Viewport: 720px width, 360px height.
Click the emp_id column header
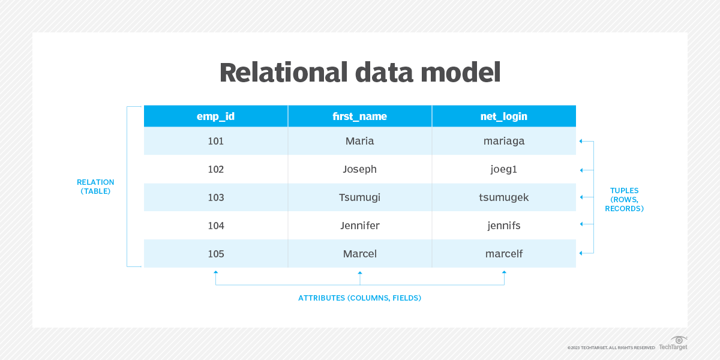click(x=216, y=116)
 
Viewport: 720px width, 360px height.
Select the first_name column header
click(x=359, y=116)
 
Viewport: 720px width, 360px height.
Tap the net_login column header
click(x=504, y=116)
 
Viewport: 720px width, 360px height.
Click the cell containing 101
click(x=216, y=141)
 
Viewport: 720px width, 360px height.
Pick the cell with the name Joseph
click(x=359, y=169)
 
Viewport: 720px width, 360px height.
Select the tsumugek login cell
click(x=504, y=197)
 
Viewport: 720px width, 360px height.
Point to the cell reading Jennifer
click(x=359, y=226)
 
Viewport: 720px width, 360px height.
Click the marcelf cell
click(x=504, y=254)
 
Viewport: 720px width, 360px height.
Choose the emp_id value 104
click(x=216, y=226)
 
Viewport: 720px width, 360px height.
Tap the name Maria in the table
click(x=359, y=141)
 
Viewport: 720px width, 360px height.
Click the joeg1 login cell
click(x=504, y=169)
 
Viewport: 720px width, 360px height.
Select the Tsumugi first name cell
click(x=359, y=197)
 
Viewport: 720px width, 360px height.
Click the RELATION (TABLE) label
click(x=95, y=187)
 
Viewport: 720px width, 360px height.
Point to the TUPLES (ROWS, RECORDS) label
click(x=624, y=199)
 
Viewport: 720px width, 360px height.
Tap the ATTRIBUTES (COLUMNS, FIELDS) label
click(x=359, y=298)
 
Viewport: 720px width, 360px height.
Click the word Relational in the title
click(x=283, y=73)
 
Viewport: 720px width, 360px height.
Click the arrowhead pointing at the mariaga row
click(x=581, y=142)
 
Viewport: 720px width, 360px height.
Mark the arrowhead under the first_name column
click(x=360, y=273)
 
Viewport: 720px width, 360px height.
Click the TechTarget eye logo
click(x=679, y=340)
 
